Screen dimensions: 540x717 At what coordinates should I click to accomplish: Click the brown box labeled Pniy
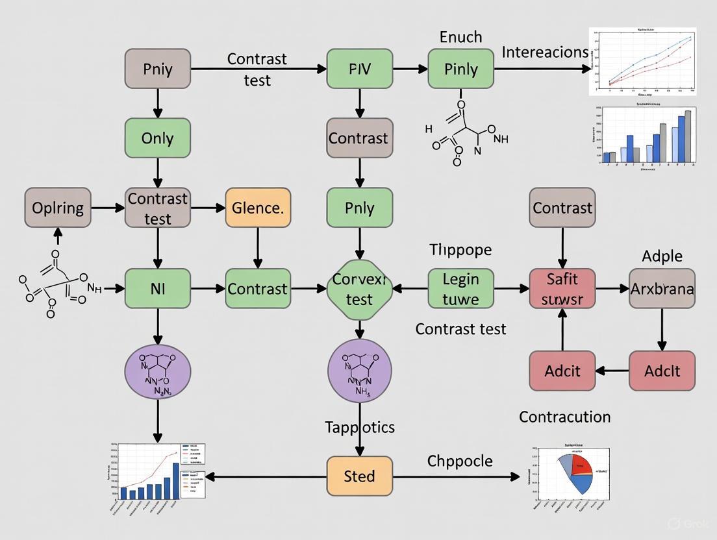(x=158, y=69)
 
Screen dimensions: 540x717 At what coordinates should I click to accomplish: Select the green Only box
(x=158, y=138)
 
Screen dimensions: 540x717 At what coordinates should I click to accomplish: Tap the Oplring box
(x=58, y=208)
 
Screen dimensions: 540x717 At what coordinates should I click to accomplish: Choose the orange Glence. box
(x=258, y=208)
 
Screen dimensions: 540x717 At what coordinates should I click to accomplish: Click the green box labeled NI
(x=158, y=288)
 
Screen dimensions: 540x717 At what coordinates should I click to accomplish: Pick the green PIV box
(x=359, y=69)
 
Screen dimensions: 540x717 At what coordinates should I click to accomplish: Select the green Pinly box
(x=460, y=69)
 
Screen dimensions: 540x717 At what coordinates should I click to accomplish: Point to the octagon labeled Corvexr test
(x=359, y=289)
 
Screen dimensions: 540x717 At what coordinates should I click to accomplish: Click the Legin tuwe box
(x=460, y=288)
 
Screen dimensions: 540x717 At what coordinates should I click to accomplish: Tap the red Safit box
(x=562, y=288)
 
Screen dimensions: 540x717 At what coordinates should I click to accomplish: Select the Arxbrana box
(x=662, y=288)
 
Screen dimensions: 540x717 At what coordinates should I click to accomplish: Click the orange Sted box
(x=359, y=476)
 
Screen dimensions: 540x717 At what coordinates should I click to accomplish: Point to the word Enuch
(x=460, y=37)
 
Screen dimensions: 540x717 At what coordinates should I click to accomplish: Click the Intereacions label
(x=545, y=52)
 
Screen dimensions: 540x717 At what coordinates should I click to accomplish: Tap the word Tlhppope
(x=460, y=250)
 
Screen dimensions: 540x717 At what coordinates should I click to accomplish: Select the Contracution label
(x=564, y=417)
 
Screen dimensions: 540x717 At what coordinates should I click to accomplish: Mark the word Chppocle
(x=460, y=461)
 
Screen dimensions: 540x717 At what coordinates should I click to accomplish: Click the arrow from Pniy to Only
(x=158, y=103)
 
